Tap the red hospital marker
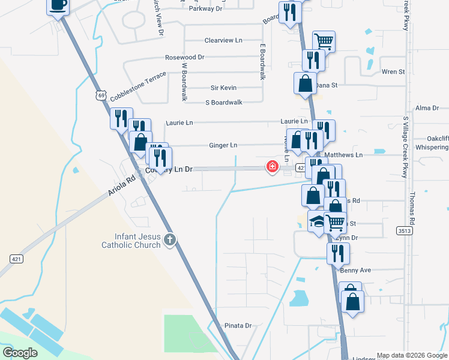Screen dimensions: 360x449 [x=273, y=166]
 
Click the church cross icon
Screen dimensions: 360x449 [x=170, y=240]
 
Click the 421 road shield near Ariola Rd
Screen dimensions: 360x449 [x=16, y=259]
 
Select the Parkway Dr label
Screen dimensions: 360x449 [x=205, y=9]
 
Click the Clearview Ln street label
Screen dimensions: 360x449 [x=223, y=40]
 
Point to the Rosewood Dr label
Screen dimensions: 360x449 [x=185, y=58]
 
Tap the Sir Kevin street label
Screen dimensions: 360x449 [x=223, y=88]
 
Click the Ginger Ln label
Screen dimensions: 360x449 [x=223, y=145]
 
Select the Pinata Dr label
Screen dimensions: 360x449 [x=238, y=325]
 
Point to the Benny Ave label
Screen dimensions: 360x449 [x=356, y=271]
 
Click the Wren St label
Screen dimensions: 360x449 [x=393, y=72]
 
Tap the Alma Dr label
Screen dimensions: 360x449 [x=427, y=108]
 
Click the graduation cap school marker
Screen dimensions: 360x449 [x=316, y=221]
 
